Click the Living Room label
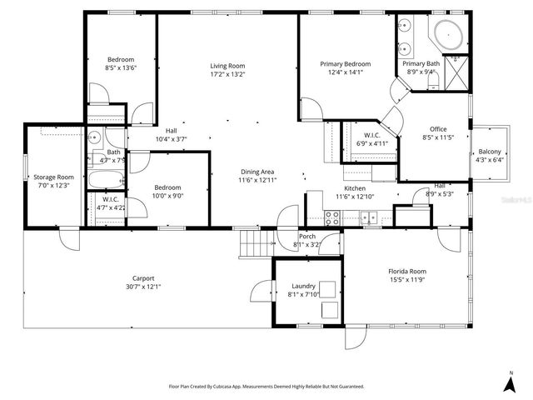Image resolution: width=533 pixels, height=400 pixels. click(x=226, y=66)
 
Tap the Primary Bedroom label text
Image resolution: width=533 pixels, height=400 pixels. click(x=346, y=64)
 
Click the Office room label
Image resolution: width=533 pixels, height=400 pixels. click(x=437, y=129)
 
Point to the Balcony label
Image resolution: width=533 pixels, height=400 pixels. click(x=489, y=152)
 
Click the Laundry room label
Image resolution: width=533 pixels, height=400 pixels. click(x=303, y=285)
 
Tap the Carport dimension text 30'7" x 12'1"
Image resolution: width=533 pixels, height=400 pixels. click(x=142, y=287)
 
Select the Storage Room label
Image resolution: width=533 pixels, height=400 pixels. click(x=53, y=177)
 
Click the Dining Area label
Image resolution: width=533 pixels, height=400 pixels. click(x=257, y=172)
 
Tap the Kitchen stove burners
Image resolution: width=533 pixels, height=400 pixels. click(x=332, y=218)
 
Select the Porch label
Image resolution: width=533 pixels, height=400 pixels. click(x=307, y=237)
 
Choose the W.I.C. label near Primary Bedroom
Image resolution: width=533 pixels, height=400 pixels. click(x=371, y=135)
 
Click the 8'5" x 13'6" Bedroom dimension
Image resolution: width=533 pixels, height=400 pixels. click(x=121, y=68)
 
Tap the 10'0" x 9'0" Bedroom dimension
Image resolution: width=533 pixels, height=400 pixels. click(x=166, y=197)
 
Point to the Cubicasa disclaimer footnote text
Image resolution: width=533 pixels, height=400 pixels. click(x=266, y=387)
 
